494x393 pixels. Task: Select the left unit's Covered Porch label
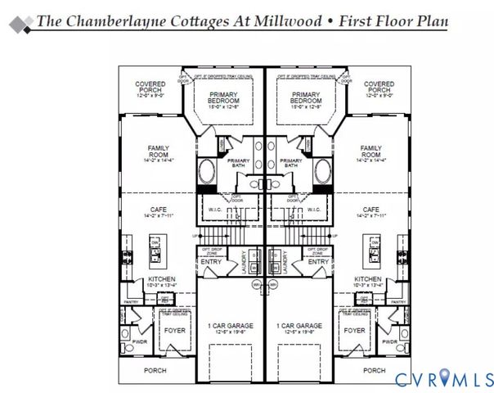[x=150, y=88]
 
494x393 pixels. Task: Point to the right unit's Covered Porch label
[x=379, y=88]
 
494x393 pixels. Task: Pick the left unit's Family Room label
[x=158, y=151]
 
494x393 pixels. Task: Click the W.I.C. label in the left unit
[x=218, y=209]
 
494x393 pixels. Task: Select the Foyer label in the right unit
[x=354, y=331]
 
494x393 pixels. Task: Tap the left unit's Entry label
[x=211, y=262]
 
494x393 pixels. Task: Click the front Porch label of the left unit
[x=155, y=370]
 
